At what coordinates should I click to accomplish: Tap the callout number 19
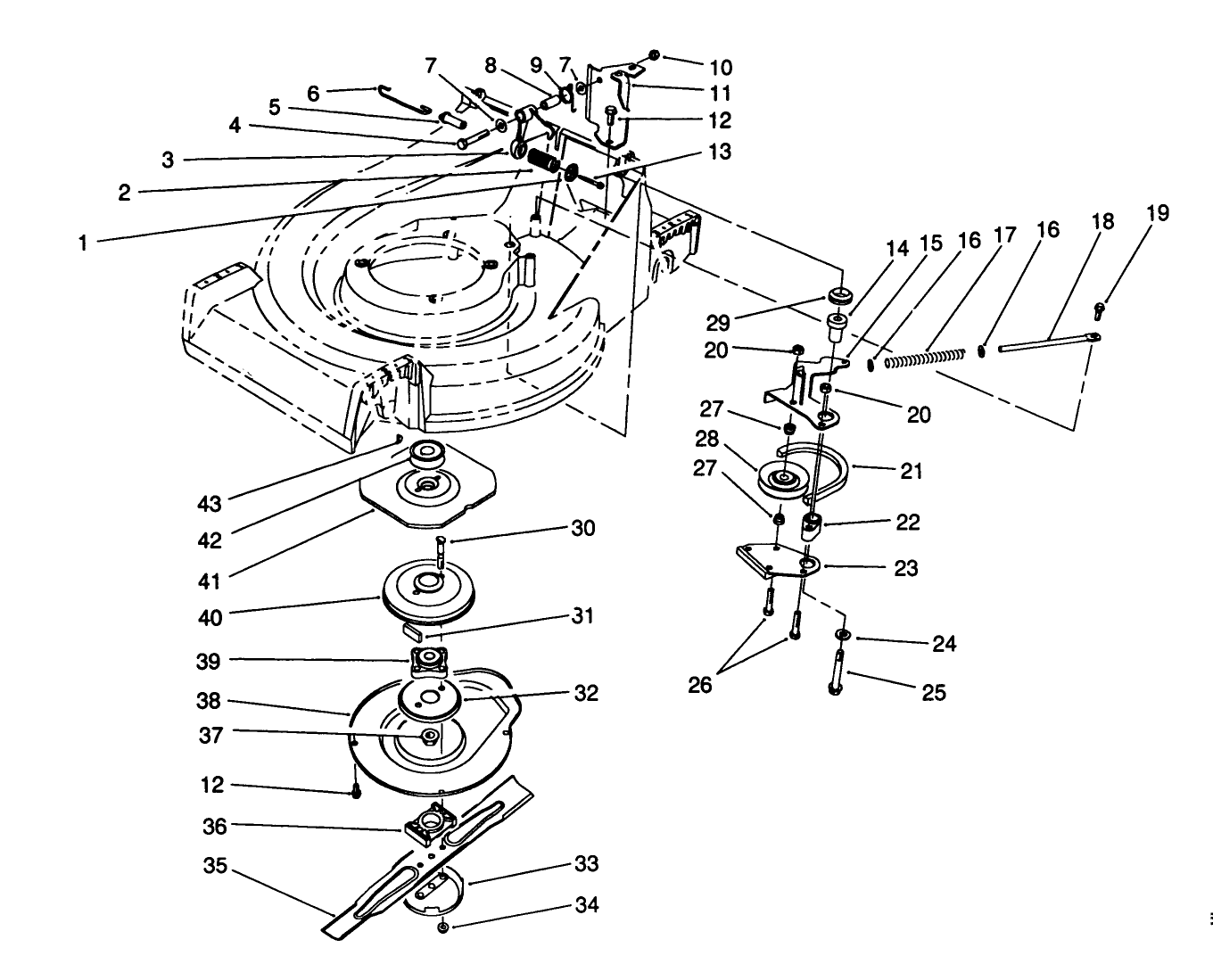(1158, 213)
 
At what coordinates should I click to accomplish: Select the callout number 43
(210, 504)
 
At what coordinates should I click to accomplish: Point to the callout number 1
(83, 242)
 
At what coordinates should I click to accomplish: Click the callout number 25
(933, 692)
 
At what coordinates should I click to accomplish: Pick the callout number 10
(720, 67)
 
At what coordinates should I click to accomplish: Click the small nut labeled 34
(443, 929)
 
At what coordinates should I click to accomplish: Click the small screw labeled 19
(1099, 309)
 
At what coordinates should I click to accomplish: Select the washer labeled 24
(841, 634)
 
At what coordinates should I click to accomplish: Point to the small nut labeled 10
(655, 55)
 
